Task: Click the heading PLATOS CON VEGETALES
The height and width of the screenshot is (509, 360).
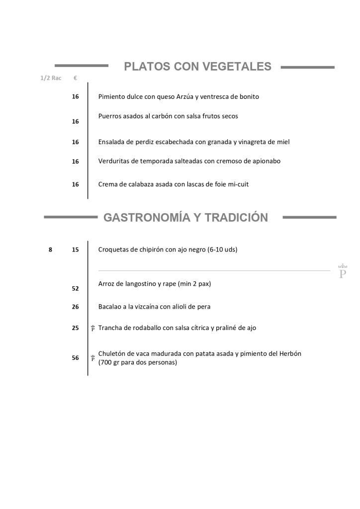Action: [x=197, y=67]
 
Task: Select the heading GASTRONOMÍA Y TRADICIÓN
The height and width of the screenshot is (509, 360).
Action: [x=185, y=218]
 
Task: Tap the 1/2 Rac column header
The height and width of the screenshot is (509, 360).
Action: [x=51, y=78]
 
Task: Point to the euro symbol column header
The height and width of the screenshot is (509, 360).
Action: [x=75, y=78]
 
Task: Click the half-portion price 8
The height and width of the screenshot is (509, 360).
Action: [x=50, y=250]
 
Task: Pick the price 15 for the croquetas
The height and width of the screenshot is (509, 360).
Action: [x=75, y=250]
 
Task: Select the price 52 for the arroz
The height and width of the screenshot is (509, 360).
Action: [x=75, y=288]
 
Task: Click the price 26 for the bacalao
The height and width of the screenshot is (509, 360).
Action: [x=75, y=307]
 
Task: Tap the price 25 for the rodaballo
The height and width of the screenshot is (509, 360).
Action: [x=75, y=328]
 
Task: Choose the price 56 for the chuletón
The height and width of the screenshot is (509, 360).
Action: [x=75, y=358]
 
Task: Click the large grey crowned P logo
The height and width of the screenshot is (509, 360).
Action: [x=342, y=271]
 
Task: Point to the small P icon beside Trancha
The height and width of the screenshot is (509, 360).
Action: [x=93, y=328]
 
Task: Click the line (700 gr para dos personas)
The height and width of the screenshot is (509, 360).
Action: [x=138, y=362]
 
